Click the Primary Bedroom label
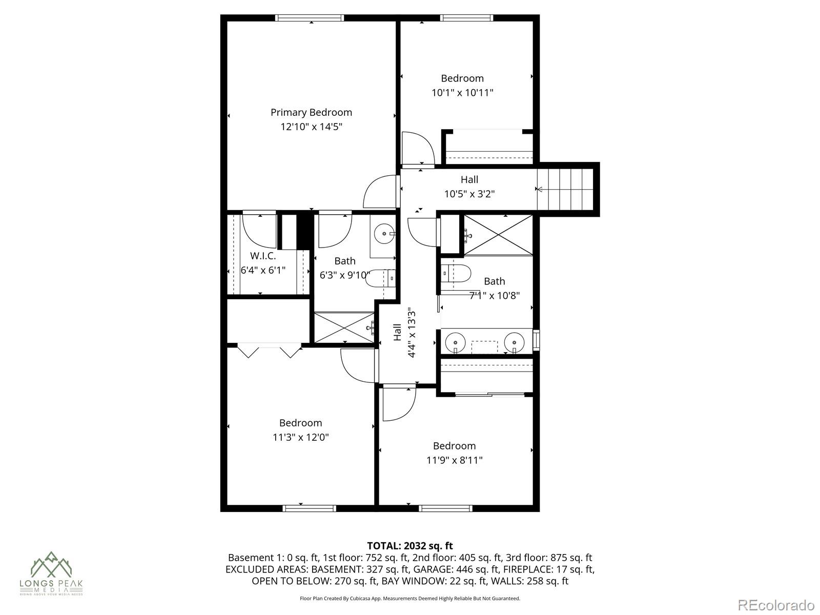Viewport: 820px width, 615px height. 311,112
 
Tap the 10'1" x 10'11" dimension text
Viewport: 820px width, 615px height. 462,93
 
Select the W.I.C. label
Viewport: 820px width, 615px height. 263,256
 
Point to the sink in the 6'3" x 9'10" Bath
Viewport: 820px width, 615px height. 384,235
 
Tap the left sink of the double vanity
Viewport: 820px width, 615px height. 455,341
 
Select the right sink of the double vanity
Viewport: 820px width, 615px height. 514,341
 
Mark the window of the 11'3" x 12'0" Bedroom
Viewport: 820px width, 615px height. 309,508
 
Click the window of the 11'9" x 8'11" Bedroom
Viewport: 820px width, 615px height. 445,508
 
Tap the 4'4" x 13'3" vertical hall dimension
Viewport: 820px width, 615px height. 412,333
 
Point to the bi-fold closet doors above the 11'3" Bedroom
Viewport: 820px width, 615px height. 270,351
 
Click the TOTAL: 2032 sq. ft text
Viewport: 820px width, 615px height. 409,546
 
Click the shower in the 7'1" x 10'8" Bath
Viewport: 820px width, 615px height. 498,234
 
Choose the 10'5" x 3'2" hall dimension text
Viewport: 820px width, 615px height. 469,194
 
